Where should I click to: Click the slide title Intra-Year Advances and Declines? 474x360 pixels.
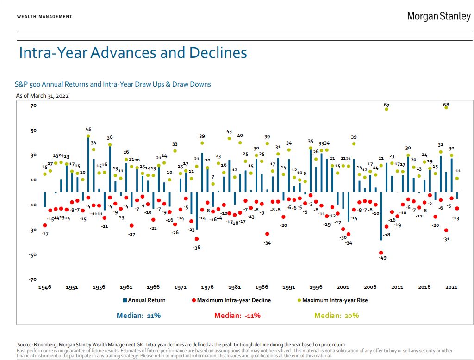[133, 53]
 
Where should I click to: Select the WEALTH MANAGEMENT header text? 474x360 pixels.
[44, 17]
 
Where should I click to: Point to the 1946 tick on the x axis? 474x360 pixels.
[45, 287]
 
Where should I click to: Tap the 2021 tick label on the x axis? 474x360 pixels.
[451, 287]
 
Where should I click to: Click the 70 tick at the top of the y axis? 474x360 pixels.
[21, 106]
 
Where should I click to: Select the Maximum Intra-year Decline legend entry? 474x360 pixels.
[231, 300]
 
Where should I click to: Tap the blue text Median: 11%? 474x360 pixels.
[138, 316]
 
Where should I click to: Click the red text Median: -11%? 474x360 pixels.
[237, 316]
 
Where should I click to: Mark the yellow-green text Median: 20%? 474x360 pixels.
[337, 316]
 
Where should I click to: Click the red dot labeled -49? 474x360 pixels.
[381, 253]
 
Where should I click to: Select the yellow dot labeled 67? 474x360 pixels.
[387, 109]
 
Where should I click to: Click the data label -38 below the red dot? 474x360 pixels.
[197, 248]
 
